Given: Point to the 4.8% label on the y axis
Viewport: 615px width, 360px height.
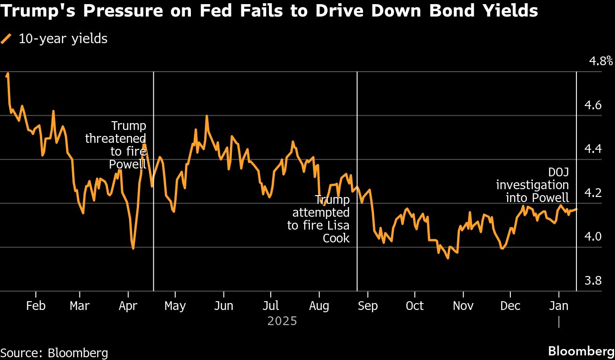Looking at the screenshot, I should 601,61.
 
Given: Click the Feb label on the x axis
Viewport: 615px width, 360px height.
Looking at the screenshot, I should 36,306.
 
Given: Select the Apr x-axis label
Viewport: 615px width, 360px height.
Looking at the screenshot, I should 128,306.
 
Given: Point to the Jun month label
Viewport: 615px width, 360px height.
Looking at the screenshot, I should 224,306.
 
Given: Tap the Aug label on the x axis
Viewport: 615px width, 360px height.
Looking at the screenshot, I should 319,306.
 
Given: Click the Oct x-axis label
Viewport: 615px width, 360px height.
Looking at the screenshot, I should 414,306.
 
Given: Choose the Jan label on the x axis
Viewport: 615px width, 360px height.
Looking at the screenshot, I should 559,306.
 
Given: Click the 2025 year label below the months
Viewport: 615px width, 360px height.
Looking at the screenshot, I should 282,321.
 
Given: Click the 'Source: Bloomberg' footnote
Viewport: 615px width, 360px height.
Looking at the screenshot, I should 54,353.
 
